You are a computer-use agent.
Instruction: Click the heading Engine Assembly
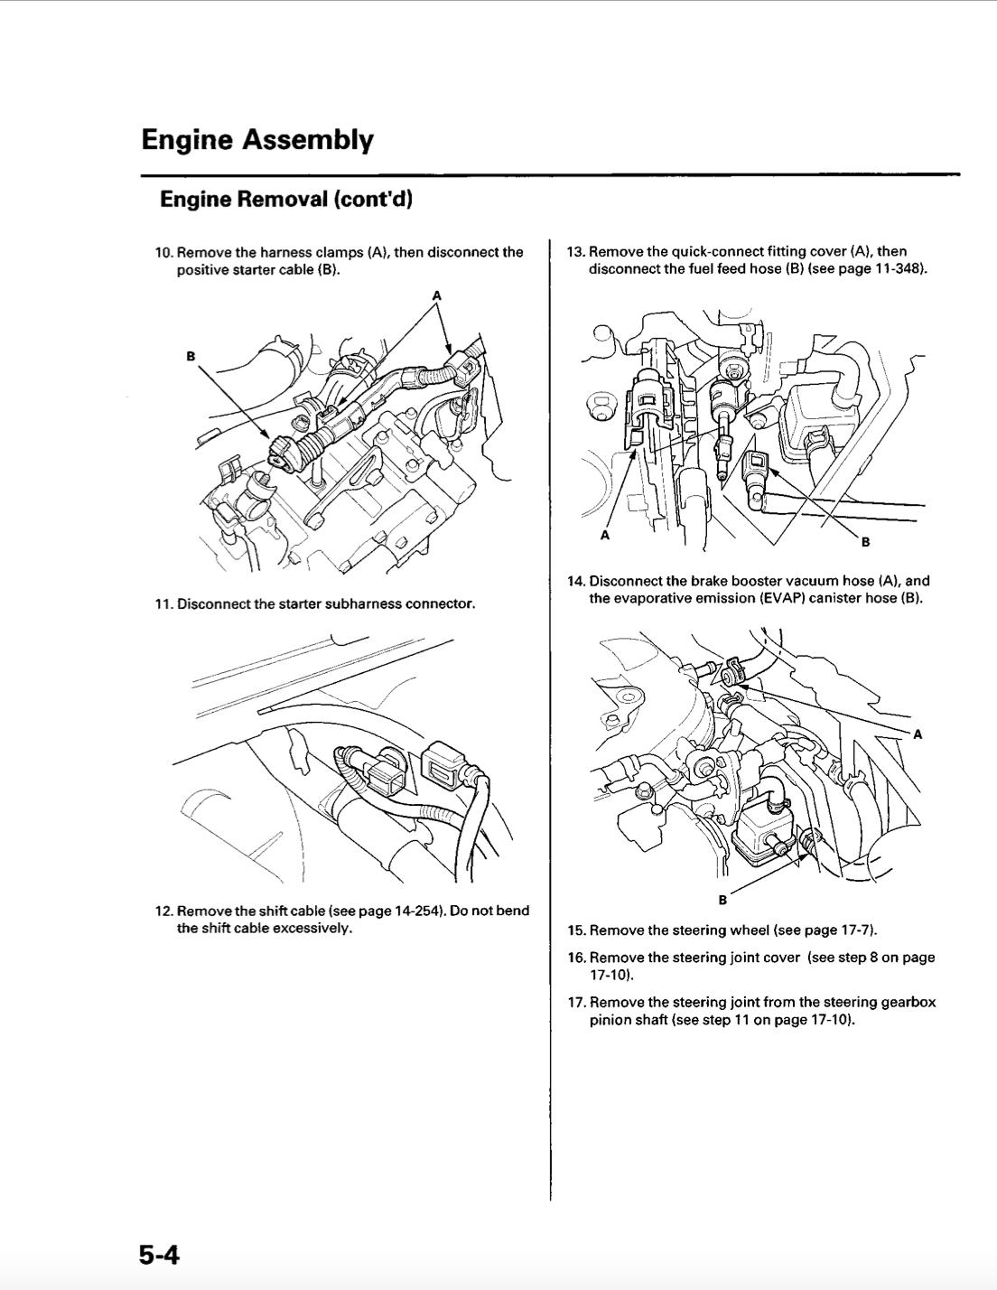click(x=256, y=141)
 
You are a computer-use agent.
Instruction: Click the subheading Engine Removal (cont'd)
click(x=285, y=200)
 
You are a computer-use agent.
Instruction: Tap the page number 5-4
click(x=159, y=1255)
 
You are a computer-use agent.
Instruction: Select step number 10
click(x=163, y=252)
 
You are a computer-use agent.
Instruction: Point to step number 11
click(x=163, y=603)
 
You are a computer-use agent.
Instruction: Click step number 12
click(x=163, y=911)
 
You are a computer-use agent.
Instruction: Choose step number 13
click(x=575, y=252)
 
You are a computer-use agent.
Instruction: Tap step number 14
click(x=575, y=581)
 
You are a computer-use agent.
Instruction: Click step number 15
click(x=576, y=930)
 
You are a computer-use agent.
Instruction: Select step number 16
click(x=576, y=958)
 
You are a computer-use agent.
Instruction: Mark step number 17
click(x=576, y=1003)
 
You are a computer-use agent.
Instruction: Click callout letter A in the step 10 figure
click(x=437, y=295)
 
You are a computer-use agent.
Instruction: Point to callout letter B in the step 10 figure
click(x=191, y=356)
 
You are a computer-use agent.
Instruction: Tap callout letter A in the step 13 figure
click(x=605, y=536)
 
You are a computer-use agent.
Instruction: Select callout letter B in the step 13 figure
click(x=865, y=542)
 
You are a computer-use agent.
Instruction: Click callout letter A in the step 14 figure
click(x=918, y=734)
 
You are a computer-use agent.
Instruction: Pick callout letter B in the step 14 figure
click(x=722, y=900)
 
